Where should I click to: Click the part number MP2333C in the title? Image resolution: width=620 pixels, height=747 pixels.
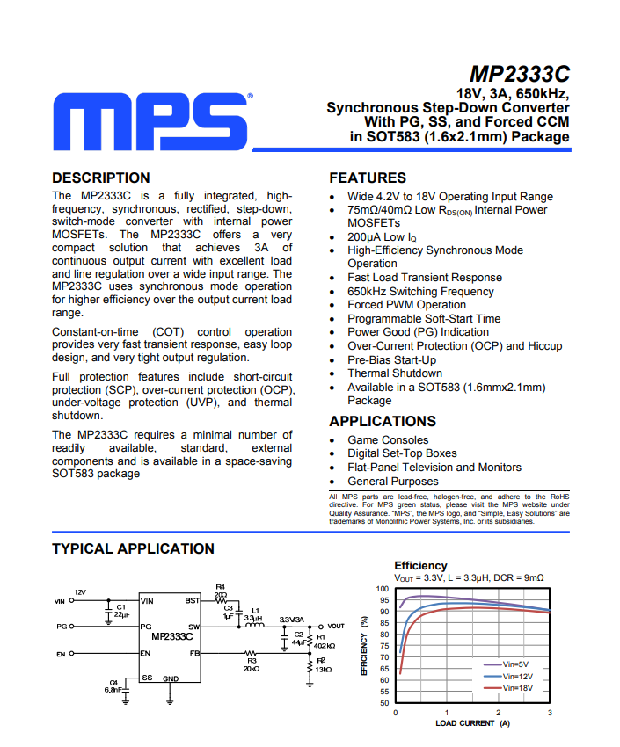519,73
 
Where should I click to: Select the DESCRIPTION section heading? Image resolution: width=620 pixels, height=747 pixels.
101,178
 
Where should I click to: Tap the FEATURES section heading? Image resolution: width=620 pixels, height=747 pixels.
368,178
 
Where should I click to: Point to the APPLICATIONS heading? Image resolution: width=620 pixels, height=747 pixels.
383,421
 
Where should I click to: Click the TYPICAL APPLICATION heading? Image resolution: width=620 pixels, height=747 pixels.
133,549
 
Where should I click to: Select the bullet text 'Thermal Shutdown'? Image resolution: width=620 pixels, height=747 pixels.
395,373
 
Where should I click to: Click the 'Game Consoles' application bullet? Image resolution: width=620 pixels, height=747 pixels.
388,440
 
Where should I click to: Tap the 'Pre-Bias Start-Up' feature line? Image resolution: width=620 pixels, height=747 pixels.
391,360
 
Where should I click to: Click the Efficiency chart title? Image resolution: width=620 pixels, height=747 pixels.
420,565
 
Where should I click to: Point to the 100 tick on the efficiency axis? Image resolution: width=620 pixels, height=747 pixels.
382,589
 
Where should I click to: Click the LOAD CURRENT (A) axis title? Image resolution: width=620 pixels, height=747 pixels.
472,723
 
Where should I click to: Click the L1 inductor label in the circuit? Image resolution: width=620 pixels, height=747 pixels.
256,609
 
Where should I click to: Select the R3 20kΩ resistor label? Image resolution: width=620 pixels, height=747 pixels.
252,664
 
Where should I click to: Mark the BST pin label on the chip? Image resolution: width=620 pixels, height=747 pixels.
192,601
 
